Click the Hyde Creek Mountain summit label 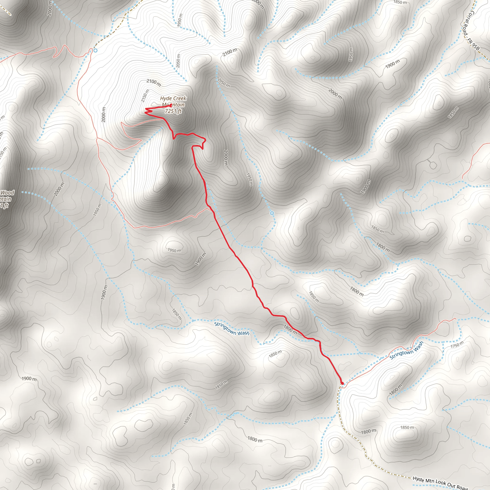[173, 101]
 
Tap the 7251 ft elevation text [173, 111]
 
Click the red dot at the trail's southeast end [342, 383]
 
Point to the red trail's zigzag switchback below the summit [148, 111]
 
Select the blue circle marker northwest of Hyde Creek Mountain [95, 50]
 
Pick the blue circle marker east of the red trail [272, 213]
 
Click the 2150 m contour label [145, 96]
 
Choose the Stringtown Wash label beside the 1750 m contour [406, 351]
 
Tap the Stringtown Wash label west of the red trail [232, 329]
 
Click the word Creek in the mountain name [180, 98]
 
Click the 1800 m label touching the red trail [290, 329]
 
